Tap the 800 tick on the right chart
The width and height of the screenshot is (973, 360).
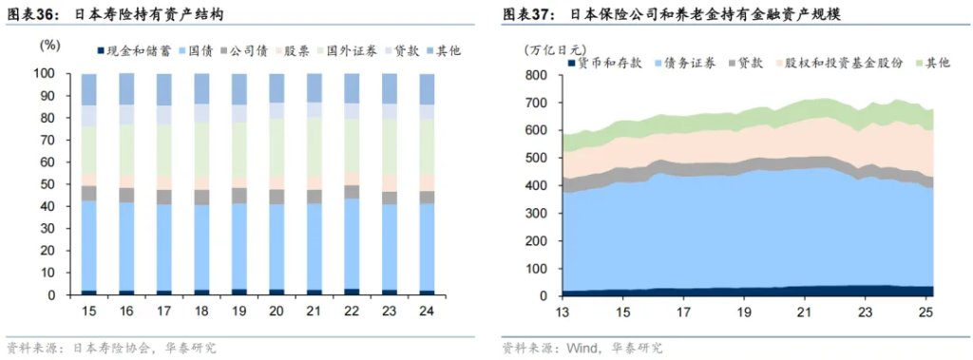539,75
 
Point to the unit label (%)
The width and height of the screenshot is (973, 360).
49,45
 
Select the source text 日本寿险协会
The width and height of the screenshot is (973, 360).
105,348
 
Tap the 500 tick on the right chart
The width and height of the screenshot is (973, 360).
539,158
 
